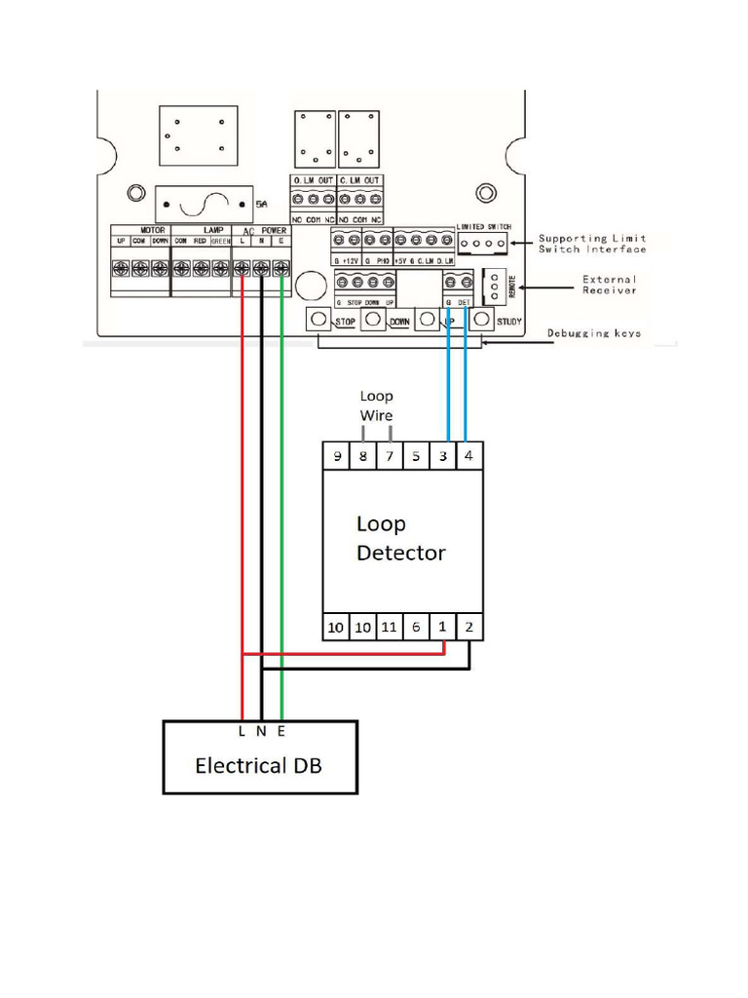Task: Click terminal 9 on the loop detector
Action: pos(336,456)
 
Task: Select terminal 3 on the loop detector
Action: pos(443,456)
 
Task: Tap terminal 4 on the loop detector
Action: pos(469,456)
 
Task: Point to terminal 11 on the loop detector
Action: pos(389,627)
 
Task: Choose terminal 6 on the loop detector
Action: pos(416,627)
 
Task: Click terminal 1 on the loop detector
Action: pos(443,627)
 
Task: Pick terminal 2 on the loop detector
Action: pos(469,627)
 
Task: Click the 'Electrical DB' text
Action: pos(258,765)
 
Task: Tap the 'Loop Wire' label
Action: pos(376,406)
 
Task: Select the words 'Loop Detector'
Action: pos(400,539)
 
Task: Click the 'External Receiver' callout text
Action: pos(610,285)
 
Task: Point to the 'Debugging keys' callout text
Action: pos(593,333)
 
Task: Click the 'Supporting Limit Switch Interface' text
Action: pos(592,244)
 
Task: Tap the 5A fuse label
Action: pos(260,205)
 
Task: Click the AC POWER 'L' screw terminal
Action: pos(242,267)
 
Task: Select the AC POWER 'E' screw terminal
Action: pos(280,267)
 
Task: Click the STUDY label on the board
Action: pos(508,321)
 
